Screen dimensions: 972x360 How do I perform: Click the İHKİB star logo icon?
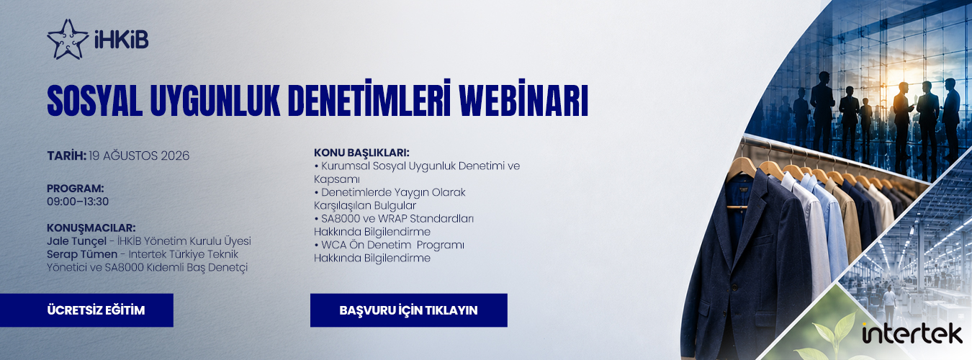[67, 40]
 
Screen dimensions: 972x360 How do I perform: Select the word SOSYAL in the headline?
[94, 101]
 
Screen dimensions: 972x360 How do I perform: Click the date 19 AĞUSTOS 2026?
[139, 156]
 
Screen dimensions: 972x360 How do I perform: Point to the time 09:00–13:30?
[78, 202]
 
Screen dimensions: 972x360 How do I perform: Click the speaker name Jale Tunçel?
[76, 242]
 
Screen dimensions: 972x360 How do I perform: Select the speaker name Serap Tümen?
[82, 254]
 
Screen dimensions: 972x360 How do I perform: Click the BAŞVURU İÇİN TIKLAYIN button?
[408, 310]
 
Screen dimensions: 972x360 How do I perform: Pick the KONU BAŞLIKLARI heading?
[362, 153]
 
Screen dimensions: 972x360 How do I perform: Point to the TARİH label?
[66, 156]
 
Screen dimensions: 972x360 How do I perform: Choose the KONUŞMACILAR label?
[91, 228]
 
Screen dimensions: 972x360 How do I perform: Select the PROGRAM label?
[76, 189]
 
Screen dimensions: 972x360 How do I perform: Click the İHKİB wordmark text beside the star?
[122, 40]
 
